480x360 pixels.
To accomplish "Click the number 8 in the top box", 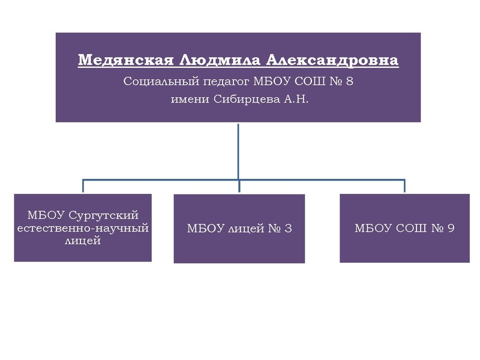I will pyautogui.click(x=350, y=82).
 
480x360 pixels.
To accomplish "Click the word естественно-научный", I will pyautogui.click(x=83, y=228).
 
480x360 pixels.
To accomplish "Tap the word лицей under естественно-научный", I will pyautogui.click(x=83, y=241).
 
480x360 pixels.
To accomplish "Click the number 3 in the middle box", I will pyautogui.click(x=289, y=229).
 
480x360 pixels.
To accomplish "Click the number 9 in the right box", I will pyautogui.click(x=451, y=228).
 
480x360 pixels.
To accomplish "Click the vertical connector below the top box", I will pyautogui.click(x=238, y=150).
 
